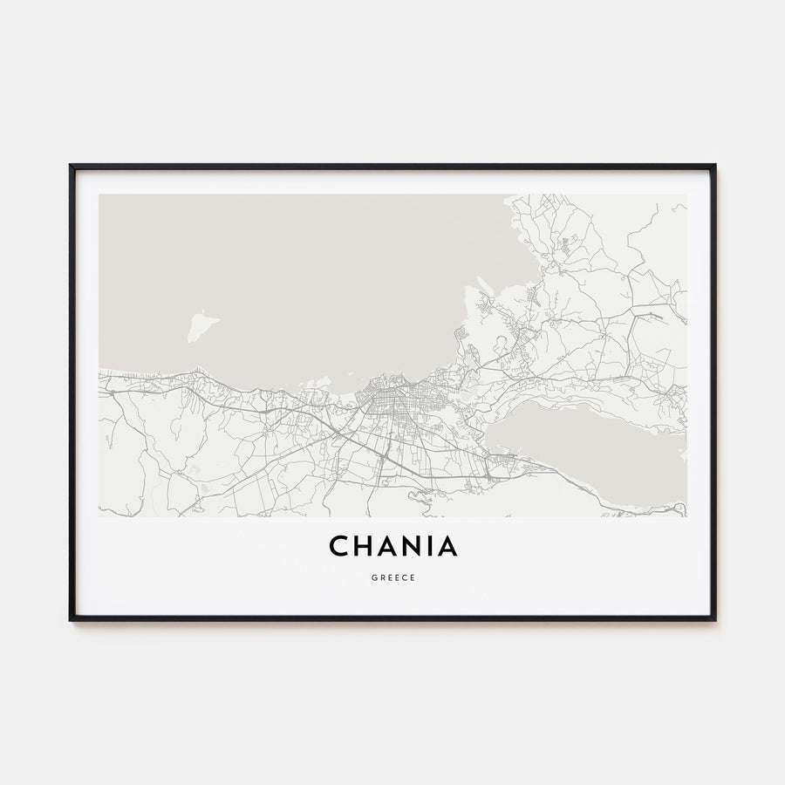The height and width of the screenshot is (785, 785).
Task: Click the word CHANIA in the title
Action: pos(392,547)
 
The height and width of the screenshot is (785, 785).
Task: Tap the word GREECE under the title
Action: pos(392,577)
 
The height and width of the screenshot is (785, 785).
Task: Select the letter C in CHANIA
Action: pos(339,547)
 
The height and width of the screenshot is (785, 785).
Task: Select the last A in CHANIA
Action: pos(447,547)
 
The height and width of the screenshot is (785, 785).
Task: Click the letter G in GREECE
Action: pos(373,577)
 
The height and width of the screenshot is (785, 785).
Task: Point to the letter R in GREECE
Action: pos(381,577)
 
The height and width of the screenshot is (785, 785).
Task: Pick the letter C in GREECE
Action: pos(404,577)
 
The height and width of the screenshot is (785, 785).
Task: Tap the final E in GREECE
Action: pos(412,577)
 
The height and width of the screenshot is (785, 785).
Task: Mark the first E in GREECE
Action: pos(389,577)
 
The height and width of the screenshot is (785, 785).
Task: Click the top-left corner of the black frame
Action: pos(71,166)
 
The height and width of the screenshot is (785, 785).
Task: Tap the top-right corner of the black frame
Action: pos(714,166)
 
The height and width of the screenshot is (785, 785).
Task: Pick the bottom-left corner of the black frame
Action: pos(71,619)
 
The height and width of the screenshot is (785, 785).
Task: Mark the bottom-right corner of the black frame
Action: pos(714,619)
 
